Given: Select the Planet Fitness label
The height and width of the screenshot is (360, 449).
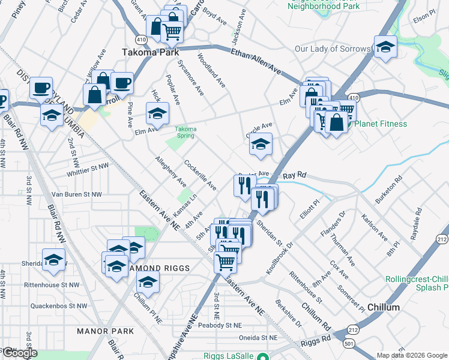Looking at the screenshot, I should tap(380, 124).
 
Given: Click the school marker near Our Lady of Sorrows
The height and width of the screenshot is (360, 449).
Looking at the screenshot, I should tap(385, 46).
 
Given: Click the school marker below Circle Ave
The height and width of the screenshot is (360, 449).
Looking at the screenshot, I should tap(261, 144).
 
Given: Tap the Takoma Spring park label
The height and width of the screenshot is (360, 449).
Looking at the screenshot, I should tap(185, 133).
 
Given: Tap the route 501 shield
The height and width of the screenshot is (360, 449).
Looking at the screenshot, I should tap(349, 344).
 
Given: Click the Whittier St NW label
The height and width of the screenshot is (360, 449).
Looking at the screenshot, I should tap(80, 165).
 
